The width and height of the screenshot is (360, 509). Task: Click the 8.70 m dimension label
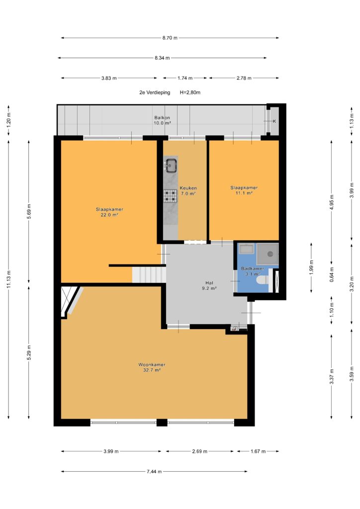click(x=170, y=38)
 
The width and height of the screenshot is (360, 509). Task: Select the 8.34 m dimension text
click(x=162, y=58)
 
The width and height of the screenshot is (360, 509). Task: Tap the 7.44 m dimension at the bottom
click(x=154, y=471)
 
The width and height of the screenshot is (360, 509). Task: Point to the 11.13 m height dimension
click(x=9, y=279)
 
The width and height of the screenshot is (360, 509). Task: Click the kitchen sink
click(x=171, y=165)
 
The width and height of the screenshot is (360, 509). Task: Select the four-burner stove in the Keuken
click(x=171, y=196)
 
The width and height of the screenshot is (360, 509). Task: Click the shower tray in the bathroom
click(x=268, y=254)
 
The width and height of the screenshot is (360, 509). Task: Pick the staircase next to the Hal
click(x=149, y=274)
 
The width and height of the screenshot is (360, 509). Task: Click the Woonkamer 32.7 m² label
click(x=152, y=367)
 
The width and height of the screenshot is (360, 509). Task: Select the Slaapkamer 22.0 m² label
click(x=109, y=212)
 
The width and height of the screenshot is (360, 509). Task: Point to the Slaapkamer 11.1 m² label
click(x=244, y=190)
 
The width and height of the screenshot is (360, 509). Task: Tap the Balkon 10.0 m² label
click(x=162, y=120)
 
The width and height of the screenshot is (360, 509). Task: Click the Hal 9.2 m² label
click(x=209, y=285)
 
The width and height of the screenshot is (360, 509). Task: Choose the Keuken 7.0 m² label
click(x=188, y=190)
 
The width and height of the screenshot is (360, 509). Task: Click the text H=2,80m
click(x=190, y=92)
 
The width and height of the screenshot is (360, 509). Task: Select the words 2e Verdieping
click(x=155, y=92)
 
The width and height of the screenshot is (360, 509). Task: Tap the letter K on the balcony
click(x=274, y=121)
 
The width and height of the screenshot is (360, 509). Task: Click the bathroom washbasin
click(x=247, y=249)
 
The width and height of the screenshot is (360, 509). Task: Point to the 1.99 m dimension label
click(x=311, y=268)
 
